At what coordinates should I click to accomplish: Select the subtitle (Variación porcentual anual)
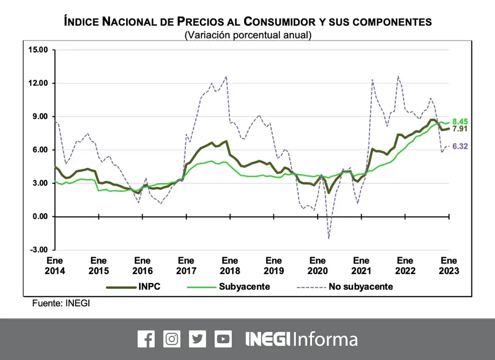(248, 35)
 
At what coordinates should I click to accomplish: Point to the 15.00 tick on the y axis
(38, 50)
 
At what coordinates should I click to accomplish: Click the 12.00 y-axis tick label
(38, 83)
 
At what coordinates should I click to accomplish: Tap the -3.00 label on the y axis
(39, 250)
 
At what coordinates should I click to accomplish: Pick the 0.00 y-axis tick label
(39, 217)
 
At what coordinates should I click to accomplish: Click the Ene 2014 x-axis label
(55, 266)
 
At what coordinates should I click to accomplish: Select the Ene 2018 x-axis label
(230, 266)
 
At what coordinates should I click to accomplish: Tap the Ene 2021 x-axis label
(361, 266)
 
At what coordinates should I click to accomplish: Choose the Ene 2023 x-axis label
(449, 266)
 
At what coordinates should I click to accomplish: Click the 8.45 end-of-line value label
(460, 121)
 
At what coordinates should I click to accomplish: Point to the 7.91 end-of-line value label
(460, 129)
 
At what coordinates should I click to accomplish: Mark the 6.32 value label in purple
(460, 146)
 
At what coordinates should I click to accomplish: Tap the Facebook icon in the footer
(146, 339)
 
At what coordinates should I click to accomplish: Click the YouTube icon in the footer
(223, 339)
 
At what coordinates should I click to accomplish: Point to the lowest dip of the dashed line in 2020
(329, 239)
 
